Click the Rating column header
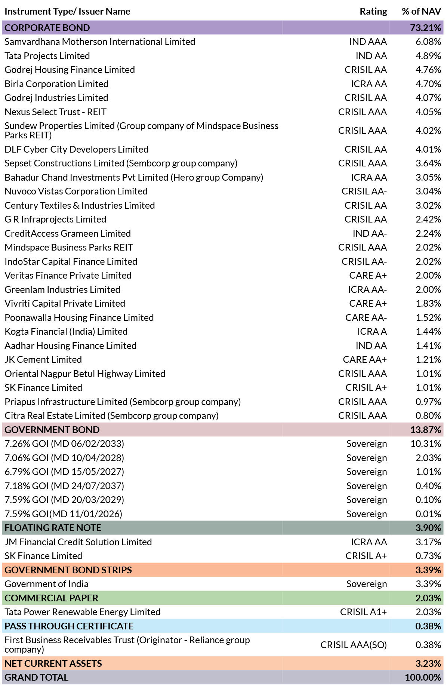click(373, 12)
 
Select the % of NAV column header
click(421, 12)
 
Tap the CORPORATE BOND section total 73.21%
click(425, 28)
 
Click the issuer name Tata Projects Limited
click(47, 56)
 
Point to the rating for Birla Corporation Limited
click(369, 84)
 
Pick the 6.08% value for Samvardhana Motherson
click(428, 42)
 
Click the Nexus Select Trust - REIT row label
click(55, 112)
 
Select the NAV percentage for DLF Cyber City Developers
click(428, 149)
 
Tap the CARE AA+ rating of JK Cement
click(365, 360)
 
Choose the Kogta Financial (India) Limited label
click(66, 332)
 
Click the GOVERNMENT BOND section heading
click(52, 430)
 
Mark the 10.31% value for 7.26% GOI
click(426, 444)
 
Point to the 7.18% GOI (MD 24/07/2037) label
click(64, 486)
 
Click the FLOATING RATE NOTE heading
click(53, 528)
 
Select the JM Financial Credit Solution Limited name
click(78, 542)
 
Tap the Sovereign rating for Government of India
click(367, 584)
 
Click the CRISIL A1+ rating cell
click(363, 612)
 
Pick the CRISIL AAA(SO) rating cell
click(354, 645)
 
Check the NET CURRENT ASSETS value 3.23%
click(428, 664)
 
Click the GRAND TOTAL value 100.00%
click(423, 678)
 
